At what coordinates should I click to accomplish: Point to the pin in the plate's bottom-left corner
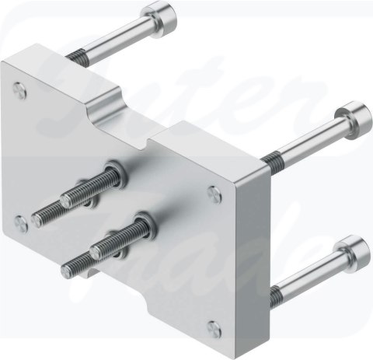click(22, 223)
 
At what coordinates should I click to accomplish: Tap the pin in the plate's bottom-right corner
click(214, 329)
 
